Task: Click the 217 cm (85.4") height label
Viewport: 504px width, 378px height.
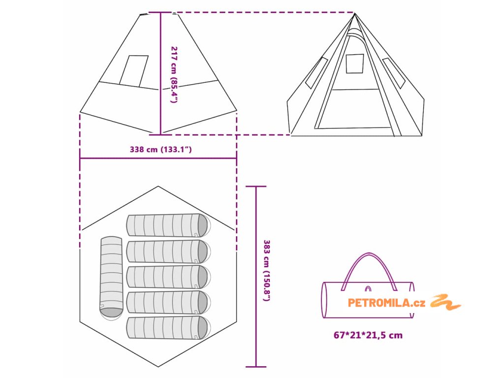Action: pyautogui.click(x=174, y=74)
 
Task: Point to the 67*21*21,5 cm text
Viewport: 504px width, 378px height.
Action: pyautogui.click(x=368, y=335)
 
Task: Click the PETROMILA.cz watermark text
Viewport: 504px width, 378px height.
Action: pyautogui.click(x=386, y=303)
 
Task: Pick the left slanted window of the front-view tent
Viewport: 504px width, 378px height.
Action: pyautogui.click(x=316, y=73)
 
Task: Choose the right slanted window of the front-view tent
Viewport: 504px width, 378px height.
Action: pyautogui.click(x=393, y=73)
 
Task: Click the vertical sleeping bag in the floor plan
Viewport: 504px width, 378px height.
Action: pyautogui.click(x=111, y=277)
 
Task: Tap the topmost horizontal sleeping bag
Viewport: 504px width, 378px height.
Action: pyautogui.click(x=168, y=225)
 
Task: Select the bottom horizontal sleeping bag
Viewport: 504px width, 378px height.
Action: pyautogui.click(x=167, y=328)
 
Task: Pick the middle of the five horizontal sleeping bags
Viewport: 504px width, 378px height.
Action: pyautogui.click(x=167, y=277)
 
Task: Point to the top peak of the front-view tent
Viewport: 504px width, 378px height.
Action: pyautogui.click(x=354, y=13)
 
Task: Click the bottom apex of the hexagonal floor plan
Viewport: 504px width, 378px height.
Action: pyautogui.click(x=158, y=367)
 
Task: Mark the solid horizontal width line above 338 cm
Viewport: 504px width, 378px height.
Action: pyautogui.click(x=158, y=158)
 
